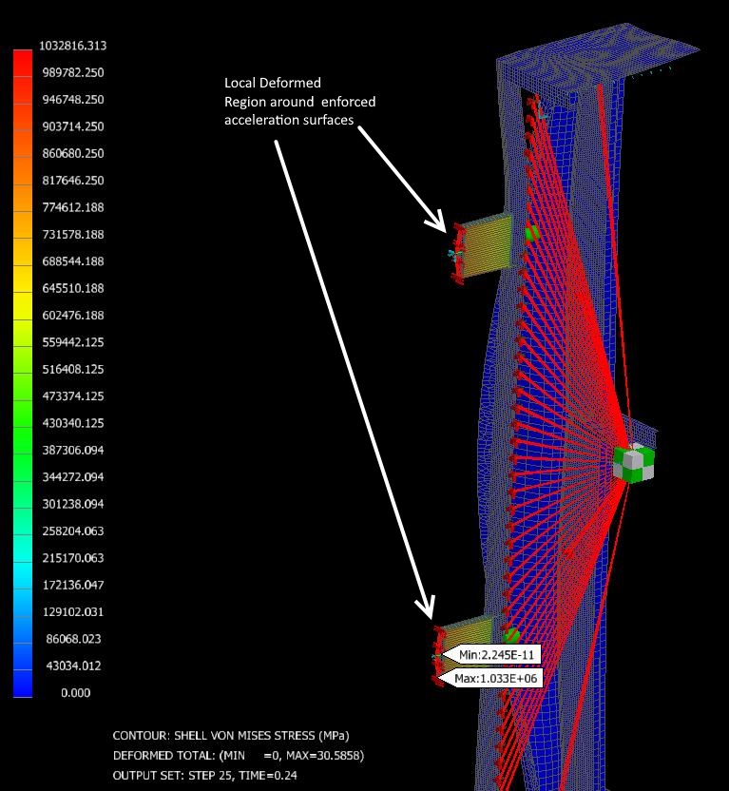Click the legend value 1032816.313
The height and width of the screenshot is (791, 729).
(77, 46)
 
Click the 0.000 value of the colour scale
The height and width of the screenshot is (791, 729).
(77, 693)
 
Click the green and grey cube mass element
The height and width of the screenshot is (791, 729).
(635, 462)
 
